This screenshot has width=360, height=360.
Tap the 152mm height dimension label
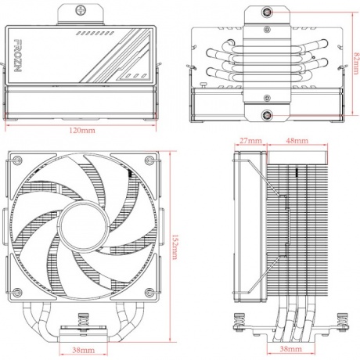pos(176,235)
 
